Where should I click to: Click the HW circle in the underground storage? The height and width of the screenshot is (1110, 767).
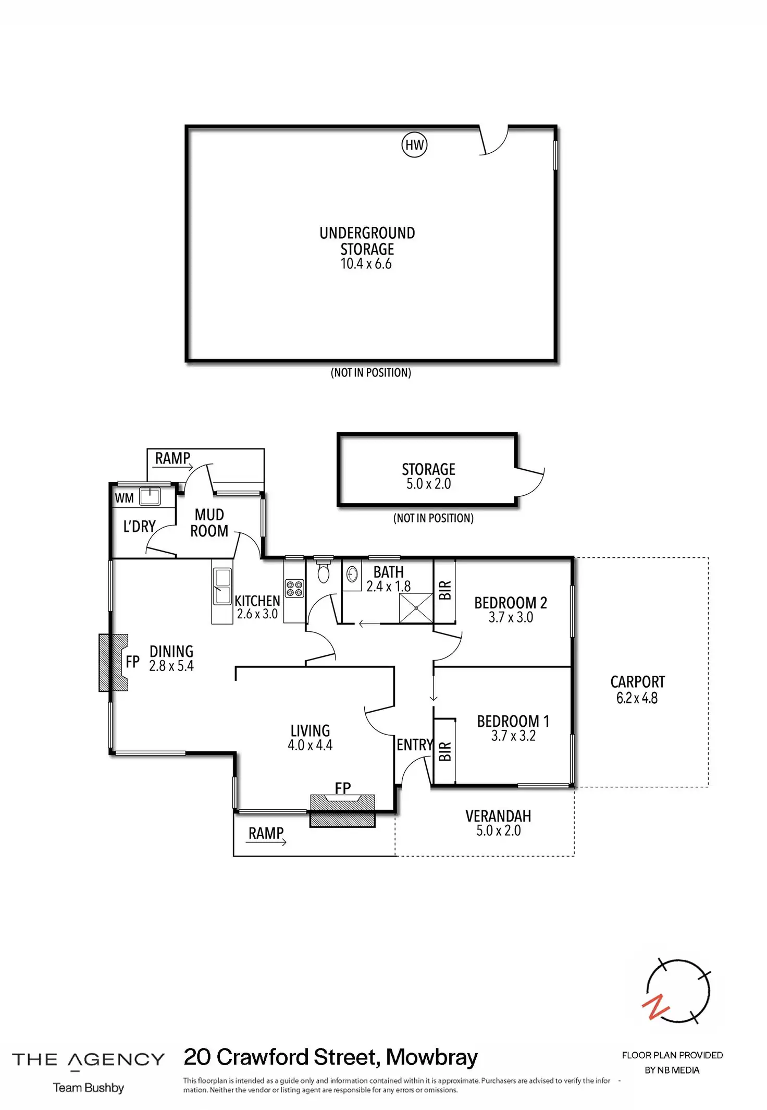point(414,145)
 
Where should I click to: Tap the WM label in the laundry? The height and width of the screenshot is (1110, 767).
point(124,498)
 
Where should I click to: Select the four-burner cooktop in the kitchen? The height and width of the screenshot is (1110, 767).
point(294,589)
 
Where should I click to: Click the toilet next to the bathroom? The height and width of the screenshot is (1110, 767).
point(324,571)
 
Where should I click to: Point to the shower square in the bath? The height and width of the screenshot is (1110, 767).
point(416,608)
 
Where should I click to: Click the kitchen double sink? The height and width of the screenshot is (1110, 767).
point(222,587)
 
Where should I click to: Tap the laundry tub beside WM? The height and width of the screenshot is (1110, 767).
point(150,496)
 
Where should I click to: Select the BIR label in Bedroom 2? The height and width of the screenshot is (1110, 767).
point(445,590)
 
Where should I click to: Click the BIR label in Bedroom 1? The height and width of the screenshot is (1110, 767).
point(445,751)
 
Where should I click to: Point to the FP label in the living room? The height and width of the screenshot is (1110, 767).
point(343,788)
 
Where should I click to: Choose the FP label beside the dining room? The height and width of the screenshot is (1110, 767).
point(133,662)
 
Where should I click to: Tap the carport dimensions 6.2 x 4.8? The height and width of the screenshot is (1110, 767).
point(637,698)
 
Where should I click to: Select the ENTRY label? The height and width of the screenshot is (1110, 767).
point(415,745)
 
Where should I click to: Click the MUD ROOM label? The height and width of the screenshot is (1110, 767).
point(209,523)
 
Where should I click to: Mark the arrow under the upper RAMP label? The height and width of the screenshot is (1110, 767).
point(172,468)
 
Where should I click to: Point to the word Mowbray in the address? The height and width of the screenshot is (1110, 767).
point(432,1058)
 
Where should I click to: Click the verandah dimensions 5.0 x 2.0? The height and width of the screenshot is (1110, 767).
point(498,831)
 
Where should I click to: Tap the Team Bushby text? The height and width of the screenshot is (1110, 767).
point(89,1088)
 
